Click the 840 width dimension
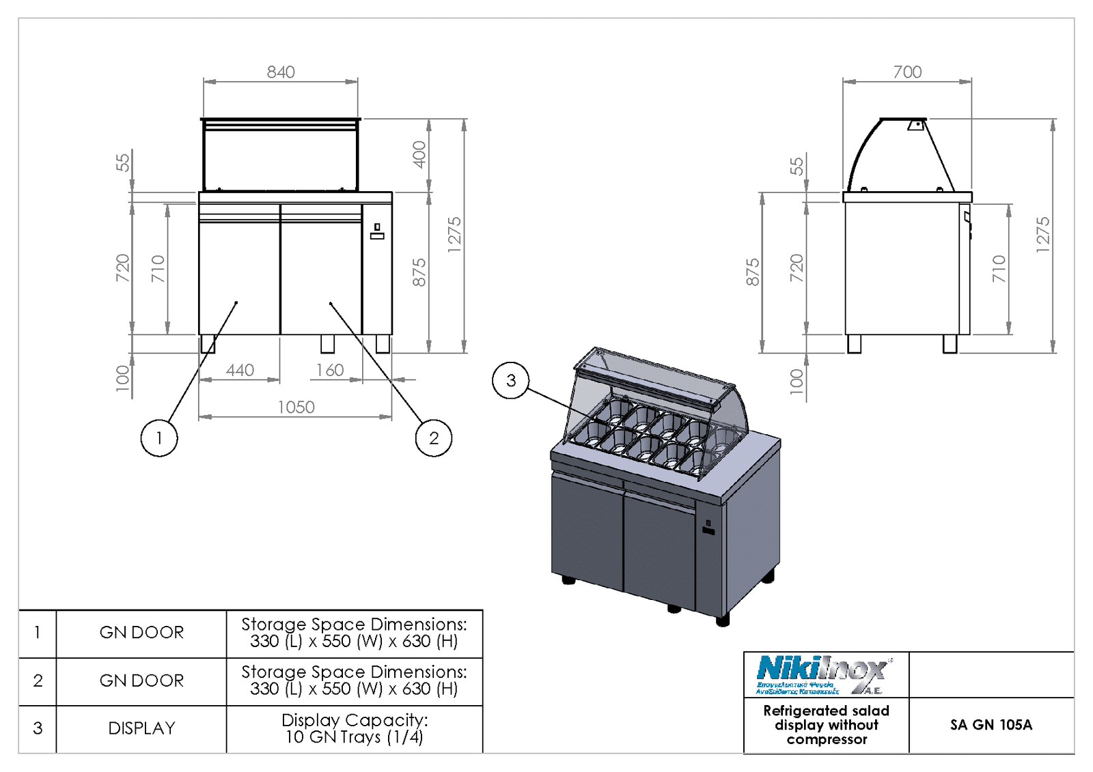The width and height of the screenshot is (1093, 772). (x=281, y=72)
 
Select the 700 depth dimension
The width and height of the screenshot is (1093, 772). (x=907, y=72)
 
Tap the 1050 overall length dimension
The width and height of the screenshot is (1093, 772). (x=296, y=407)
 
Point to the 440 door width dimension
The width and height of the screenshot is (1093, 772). (x=240, y=370)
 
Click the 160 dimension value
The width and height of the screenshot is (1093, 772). (x=330, y=370)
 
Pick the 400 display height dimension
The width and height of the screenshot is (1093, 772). (x=419, y=154)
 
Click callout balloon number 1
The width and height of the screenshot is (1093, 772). (x=159, y=438)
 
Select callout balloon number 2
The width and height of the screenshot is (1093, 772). (x=434, y=438)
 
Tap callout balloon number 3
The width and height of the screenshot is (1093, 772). (x=511, y=380)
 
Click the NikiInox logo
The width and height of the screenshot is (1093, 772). (x=824, y=674)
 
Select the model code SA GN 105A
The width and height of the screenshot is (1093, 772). (x=991, y=725)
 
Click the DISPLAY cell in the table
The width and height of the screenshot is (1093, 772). (x=141, y=728)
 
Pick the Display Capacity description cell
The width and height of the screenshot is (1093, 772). (x=355, y=728)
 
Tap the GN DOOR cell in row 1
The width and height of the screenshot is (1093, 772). (x=141, y=633)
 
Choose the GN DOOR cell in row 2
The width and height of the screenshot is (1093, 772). (x=141, y=681)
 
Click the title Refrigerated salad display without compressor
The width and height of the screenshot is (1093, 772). (x=826, y=725)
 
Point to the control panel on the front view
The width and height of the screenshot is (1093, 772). (x=377, y=231)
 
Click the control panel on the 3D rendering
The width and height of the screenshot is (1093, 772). (x=708, y=528)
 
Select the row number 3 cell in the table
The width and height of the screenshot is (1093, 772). (x=38, y=728)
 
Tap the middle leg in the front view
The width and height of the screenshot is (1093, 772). (x=328, y=343)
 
